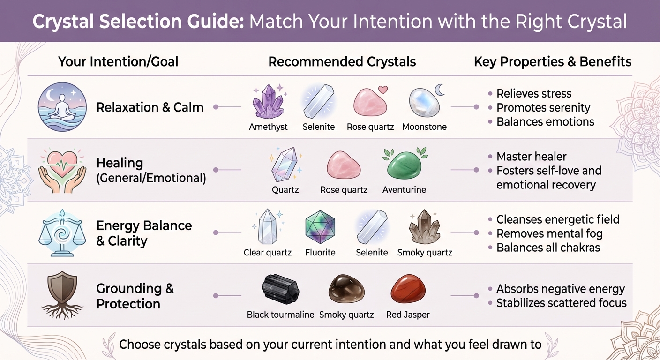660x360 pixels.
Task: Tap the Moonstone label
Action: coord(424,127)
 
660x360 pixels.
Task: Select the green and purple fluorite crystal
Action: coord(320,228)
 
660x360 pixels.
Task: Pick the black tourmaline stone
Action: coord(280,290)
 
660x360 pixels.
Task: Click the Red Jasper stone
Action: coord(408,290)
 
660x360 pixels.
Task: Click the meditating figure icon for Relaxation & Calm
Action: coord(62,107)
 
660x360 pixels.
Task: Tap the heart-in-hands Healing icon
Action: coord(62,169)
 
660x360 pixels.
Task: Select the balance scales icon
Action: coord(62,233)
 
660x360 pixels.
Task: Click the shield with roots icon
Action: coord(62,293)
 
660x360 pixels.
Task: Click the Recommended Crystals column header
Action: coord(342,62)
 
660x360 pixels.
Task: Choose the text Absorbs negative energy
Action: coord(561,289)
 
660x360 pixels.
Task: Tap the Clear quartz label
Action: coord(268,253)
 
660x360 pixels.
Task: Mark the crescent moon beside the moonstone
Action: coord(440,89)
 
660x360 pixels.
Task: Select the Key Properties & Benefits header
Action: coord(553,62)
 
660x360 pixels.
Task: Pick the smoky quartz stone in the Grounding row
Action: coord(346,289)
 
